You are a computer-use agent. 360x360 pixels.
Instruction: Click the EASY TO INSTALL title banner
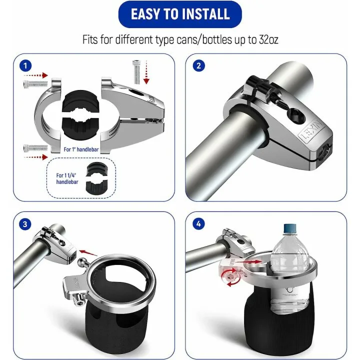click(179, 14)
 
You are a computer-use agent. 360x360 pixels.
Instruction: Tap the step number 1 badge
click(24, 65)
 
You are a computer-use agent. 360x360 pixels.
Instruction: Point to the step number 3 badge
click(24, 223)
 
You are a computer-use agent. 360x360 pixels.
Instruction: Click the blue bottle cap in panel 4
click(291, 229)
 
